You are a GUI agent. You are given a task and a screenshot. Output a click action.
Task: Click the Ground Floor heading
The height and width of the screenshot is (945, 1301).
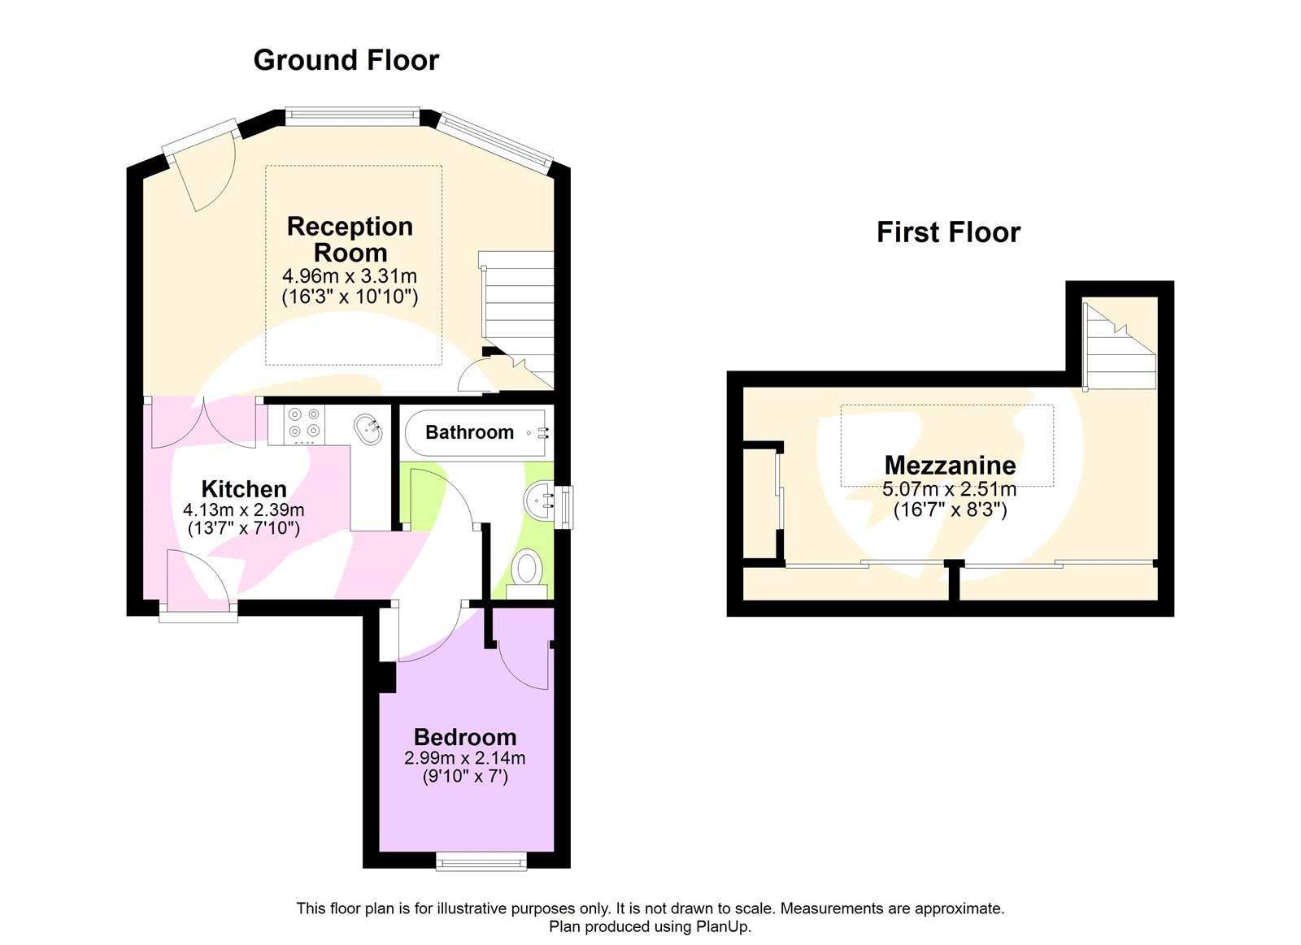coord(346,60)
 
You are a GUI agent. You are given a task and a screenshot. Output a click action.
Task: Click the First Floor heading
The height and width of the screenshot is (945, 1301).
coord(947,232)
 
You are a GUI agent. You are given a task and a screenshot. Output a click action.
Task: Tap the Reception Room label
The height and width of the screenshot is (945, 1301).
coord(350,239)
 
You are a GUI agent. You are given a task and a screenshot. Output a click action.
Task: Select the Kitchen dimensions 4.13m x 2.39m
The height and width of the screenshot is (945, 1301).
coord(243,510)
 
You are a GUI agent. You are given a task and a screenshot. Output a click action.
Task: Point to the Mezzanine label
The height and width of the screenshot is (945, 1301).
coord(950,465)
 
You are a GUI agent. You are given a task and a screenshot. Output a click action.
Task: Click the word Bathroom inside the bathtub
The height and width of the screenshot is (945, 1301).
coord(469,432)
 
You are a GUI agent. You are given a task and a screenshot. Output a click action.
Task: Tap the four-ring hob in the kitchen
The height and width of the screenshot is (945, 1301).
coord(304,423)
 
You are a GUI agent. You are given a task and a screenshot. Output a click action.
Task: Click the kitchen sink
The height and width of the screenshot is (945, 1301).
coord(369,428)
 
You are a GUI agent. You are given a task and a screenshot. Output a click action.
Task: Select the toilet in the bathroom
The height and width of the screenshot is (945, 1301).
coord(527,569)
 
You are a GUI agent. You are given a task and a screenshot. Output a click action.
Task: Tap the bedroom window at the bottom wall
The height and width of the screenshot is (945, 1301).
coord(481,860)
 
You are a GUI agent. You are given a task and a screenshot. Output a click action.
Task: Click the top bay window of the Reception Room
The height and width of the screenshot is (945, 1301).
coord(352,117)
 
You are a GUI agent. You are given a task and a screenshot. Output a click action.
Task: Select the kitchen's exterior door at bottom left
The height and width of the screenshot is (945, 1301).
coord(199,581)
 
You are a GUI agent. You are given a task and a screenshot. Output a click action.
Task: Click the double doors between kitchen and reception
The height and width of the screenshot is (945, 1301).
coord(204,423)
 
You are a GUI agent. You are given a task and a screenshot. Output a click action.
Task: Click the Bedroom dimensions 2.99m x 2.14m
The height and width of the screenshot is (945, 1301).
coord(464,758)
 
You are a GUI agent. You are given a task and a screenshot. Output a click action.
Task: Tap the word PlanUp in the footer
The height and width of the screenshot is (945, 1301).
coord(721,926)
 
